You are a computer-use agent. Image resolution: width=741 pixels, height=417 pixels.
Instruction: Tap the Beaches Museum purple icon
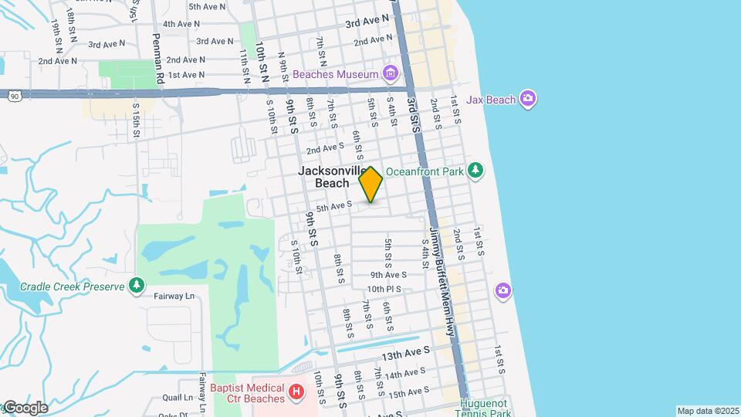391,74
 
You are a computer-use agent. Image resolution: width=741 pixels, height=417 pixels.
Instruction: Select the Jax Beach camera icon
528,98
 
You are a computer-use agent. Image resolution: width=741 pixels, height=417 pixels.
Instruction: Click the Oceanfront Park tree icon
476,170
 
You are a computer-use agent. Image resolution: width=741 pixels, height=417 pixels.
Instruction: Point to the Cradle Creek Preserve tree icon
137,286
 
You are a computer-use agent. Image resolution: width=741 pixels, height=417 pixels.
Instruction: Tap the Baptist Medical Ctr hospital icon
295,392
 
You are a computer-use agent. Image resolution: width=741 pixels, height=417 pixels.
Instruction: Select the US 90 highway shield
13,95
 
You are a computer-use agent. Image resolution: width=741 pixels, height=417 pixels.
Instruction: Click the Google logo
25,408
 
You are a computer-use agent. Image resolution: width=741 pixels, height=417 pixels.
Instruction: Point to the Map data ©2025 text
708,411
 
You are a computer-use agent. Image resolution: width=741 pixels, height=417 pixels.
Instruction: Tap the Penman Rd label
158,59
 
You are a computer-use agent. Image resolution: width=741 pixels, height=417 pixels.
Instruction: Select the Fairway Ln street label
174,296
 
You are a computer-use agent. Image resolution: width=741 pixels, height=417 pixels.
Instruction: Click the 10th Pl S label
387,289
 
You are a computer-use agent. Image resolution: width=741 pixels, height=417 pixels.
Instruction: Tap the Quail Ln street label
177,398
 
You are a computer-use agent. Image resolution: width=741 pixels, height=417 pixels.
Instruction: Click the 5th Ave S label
334,205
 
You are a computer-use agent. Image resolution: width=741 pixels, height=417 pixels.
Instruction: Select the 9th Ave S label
388,274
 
